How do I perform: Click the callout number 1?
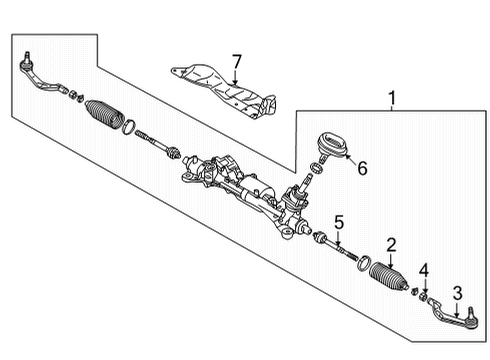tap(391, 99)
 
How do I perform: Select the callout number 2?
tap(392, 243)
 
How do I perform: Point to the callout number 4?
tap(424, 271)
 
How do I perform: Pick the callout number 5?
tap(339, 222)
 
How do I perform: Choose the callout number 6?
tap(362, 169)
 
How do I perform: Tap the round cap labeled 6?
tap(330, 143)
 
